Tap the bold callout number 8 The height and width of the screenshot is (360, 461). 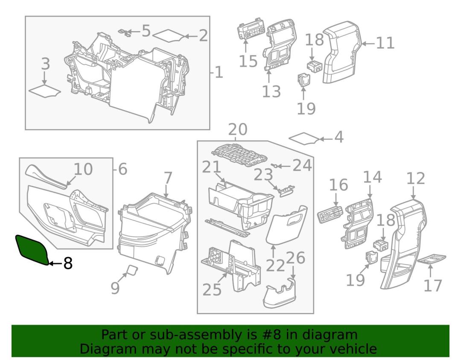click(x=67, y=263)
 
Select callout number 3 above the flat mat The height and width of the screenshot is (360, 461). click(x=45, y=64)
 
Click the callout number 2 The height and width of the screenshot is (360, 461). click(x=203, y=35)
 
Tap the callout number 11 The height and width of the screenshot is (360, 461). click(x=385, y=43)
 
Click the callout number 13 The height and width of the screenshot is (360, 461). click(x=271, y=91)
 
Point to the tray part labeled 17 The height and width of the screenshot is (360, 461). click(x=430, y=260)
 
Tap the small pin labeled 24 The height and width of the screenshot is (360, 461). click(x=278, y=166)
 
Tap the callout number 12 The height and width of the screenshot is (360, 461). click(x=415, y=179)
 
